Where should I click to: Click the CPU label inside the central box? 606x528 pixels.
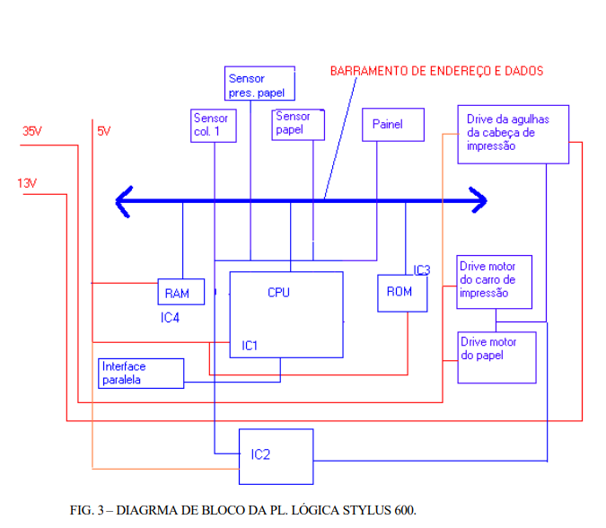point(278,293)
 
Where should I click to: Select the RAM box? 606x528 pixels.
point(180,293)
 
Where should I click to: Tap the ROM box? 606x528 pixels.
point(401,292)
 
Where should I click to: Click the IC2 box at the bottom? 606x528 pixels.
point(276,456)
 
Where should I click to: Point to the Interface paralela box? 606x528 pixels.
point(141,373)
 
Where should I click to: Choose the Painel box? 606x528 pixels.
point(393,125)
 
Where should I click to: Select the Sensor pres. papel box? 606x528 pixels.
point(259,84)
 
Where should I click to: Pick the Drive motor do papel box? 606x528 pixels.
point(497,357)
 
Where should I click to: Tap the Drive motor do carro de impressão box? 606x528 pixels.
point(494,281)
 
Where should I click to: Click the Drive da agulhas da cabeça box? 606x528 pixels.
point(513,136)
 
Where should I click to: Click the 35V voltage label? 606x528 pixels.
point(32,131)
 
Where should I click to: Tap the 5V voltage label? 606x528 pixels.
point(103,131)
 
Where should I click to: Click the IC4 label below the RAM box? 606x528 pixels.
point(171,316)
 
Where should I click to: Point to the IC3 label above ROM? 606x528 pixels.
point(422,269)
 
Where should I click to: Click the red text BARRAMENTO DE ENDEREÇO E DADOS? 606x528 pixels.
point(436,70)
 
